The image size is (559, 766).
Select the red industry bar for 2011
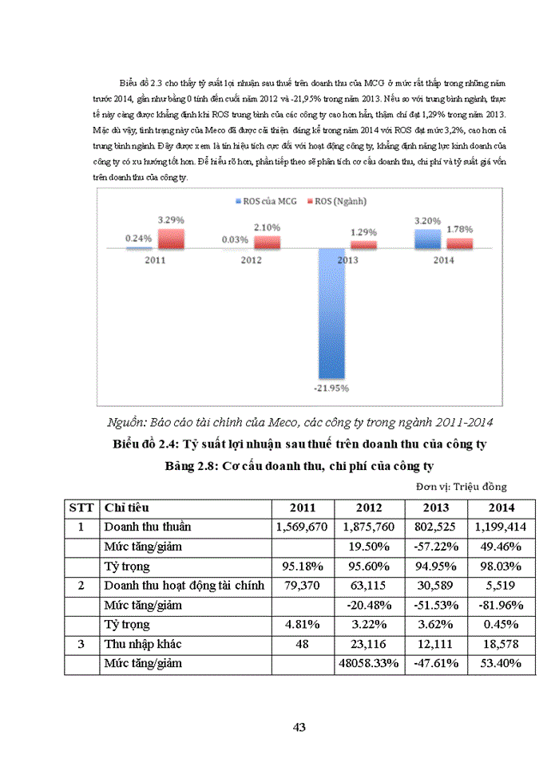point(171,239)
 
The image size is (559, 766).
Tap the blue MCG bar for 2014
point(426,239)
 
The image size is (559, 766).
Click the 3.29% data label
point(171,217)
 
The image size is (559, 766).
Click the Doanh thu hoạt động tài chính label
point(184,586)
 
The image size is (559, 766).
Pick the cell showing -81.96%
point(500,605)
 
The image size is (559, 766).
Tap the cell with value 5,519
point(500,586)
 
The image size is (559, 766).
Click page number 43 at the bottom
point(299,727)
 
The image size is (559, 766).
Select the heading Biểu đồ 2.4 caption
point(299,444)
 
